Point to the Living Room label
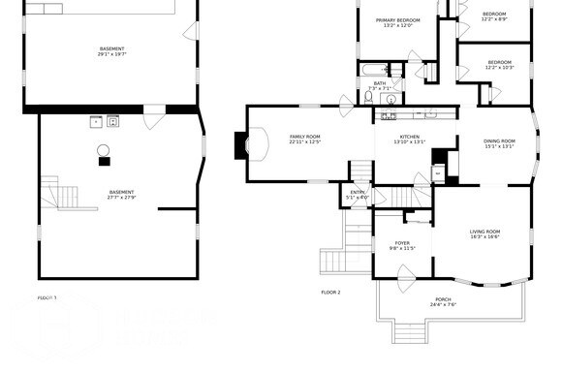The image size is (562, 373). [484, 233]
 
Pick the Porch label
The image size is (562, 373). [443, 302]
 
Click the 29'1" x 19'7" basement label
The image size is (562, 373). [112, 51]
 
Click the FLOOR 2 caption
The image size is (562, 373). [330, 292]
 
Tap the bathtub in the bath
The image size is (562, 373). [372, 70]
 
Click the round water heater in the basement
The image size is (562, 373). [103, 149]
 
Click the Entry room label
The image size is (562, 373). [359, 195]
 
